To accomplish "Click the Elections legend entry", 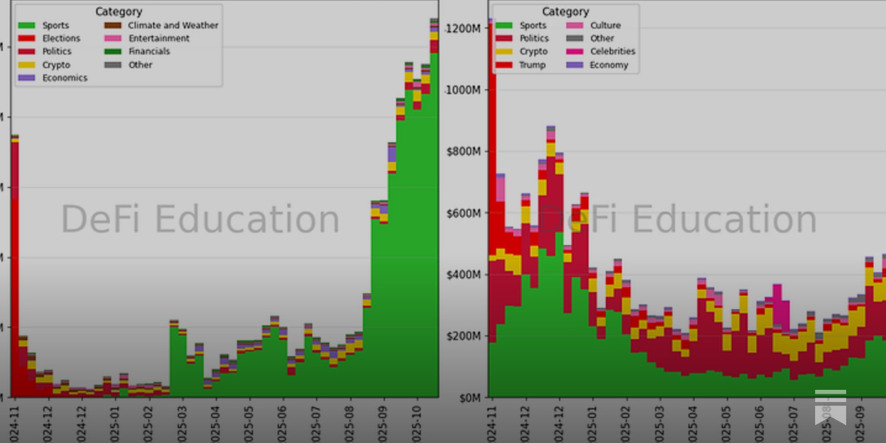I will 61,38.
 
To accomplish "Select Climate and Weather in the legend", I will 173,25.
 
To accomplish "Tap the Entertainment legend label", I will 158,38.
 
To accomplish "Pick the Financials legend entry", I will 149,51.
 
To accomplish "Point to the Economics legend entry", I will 64,78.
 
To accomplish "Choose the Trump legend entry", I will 532,65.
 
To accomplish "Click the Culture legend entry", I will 605,25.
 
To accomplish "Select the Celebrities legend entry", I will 612,51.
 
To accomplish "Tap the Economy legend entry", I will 609,65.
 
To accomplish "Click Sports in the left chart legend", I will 55,25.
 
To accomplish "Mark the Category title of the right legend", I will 565,12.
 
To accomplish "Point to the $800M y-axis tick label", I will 463,151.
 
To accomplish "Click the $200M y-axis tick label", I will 463,336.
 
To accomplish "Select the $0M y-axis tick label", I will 470,398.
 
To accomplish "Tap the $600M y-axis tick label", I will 463,213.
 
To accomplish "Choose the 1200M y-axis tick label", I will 463,29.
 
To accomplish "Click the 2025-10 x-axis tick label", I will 417,424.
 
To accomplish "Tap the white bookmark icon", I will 830,407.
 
